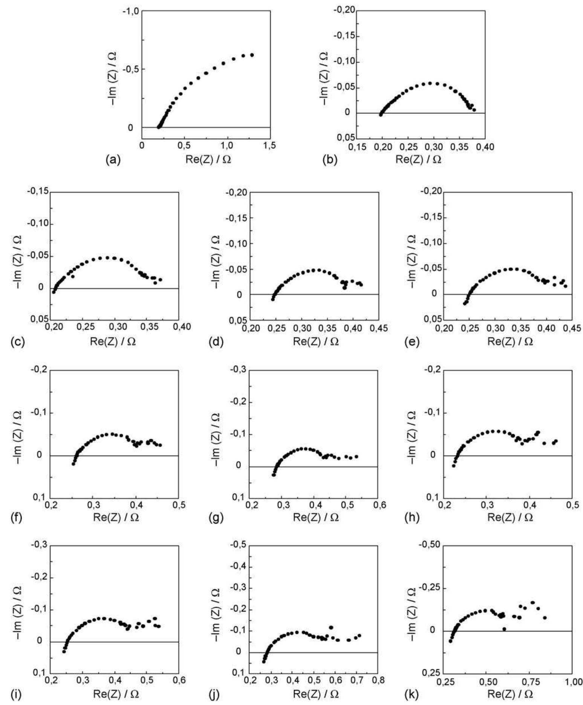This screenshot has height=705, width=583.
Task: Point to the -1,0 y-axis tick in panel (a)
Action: tap(131, 11)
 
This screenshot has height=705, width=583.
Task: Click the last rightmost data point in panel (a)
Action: tap(252, 55)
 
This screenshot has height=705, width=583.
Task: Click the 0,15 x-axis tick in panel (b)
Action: tap(357, 146)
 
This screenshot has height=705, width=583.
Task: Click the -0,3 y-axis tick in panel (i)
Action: tap(39, 545)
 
